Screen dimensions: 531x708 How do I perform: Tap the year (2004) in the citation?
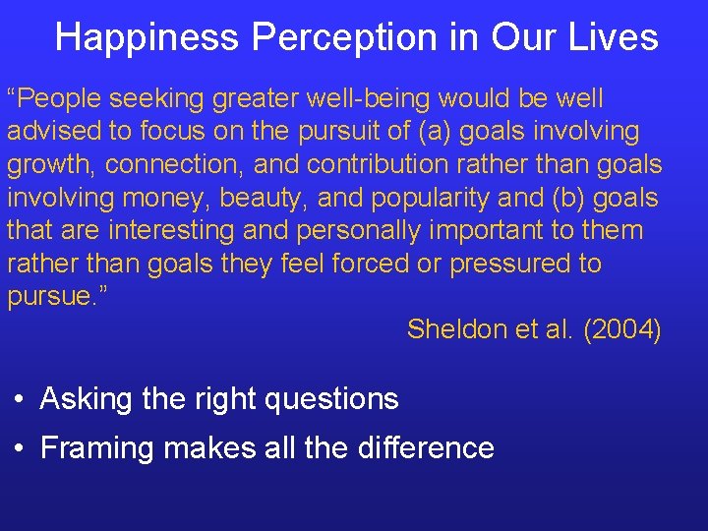pos(621,329)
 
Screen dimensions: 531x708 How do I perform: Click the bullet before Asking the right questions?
pos(20,400)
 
